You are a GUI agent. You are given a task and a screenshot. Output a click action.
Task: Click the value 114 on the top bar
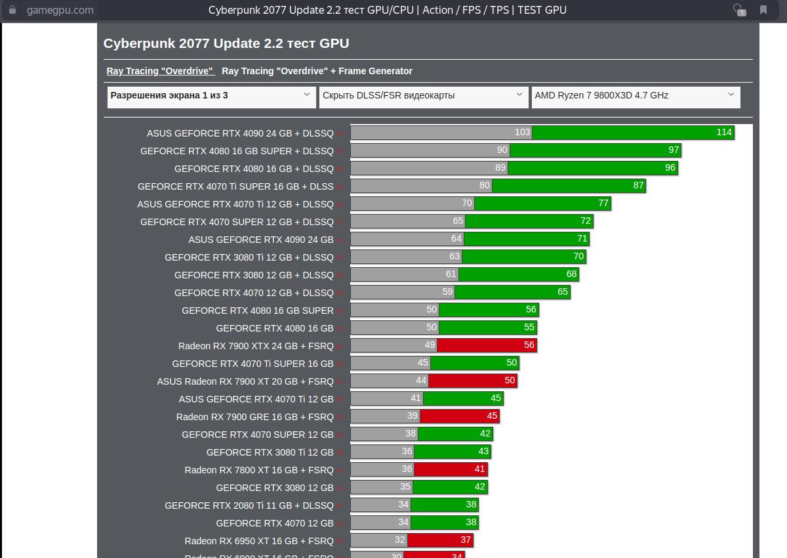pyautogui.click(x=723, y=133)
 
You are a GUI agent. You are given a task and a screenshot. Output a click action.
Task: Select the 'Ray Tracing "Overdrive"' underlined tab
pyautogui.click(x=160, y=71)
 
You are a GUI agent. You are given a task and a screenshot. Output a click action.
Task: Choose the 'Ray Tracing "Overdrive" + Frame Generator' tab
pyautogui.click(x=317, y=71)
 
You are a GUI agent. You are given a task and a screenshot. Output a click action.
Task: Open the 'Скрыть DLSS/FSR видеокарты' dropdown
pyautogui.click(x=423, y=96)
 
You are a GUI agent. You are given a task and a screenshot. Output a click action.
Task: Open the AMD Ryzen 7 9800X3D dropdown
pyautogui.click(x=635, y=96)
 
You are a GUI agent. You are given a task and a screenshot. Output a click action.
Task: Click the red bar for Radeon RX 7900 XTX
pyautogui.click(x=487, y=345)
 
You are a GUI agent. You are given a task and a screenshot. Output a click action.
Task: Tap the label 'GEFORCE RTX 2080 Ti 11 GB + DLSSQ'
pyautogui.click(x=249, y=505)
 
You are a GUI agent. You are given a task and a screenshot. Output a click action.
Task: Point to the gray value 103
pyautogui.click(x=522, y=133)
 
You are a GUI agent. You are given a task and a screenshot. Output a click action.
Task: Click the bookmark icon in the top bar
pyautogui.click(x=763, y=10)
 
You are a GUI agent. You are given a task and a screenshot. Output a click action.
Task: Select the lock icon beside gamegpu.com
pyautogui.click(x=12, y=10)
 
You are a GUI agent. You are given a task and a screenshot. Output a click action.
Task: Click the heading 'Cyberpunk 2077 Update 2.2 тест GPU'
pyautogui.click(x=226, y=43)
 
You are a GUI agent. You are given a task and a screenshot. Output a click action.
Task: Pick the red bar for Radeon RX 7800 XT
pyautogui.click(x=450, y=469)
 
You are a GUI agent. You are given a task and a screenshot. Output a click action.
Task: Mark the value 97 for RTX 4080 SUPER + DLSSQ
pyautogui.click(x=674, y=150)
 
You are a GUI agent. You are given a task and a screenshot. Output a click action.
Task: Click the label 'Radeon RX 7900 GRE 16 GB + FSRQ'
pyautogui.click(x=254, y=417)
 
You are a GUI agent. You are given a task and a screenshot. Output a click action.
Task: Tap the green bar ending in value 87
pyautogui.click(x=568, y=186)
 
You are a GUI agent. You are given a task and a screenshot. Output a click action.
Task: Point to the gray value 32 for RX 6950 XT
pyautogui.click(x=400, y=540)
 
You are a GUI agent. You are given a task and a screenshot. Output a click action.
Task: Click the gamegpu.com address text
pyautogui.click(x=60, y=10)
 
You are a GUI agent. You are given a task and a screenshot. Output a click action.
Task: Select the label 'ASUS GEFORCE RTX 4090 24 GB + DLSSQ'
pyautogui.click(x=240, y=133)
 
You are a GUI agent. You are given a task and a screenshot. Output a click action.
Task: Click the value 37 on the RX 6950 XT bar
pyautogui.click(x=466, y=540)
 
